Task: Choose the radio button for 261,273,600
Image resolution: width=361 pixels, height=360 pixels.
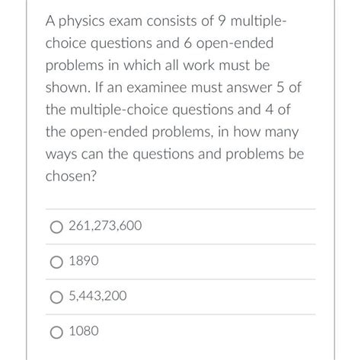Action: point(56,227)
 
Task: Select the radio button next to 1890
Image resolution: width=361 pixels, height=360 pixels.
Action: point(56,262)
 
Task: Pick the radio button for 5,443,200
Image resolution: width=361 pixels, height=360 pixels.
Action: point(56,297)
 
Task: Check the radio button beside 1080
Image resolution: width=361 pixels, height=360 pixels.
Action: point(56,332)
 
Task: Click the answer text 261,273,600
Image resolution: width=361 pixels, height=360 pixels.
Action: point(104,227)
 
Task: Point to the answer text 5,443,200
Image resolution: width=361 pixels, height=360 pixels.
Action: point(97,297)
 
